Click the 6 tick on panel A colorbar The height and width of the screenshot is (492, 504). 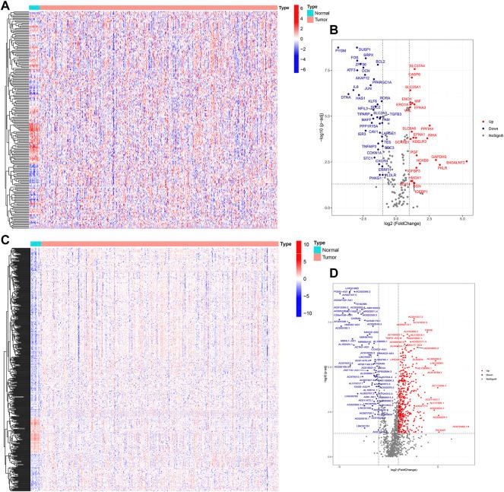[x=303, y=10]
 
